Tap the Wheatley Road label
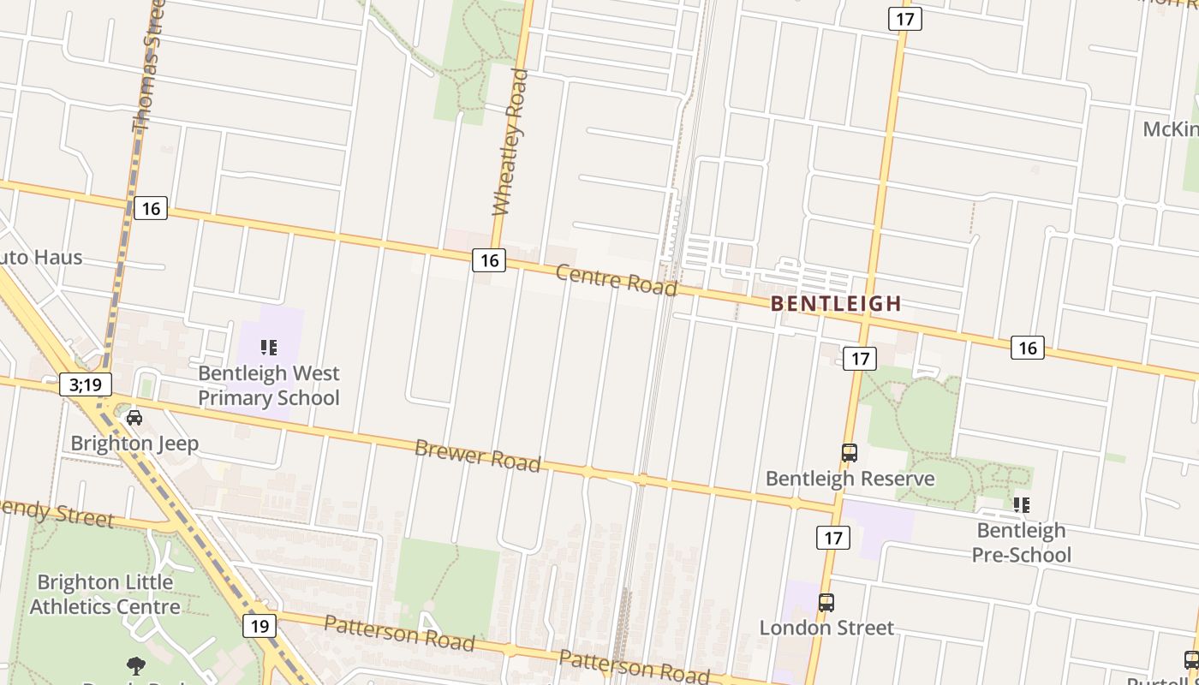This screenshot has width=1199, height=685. pos(510,142)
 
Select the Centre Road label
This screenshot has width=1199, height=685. pos(617,279)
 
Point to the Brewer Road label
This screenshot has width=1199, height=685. pos(478,455)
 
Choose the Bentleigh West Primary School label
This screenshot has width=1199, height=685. pos(269,385)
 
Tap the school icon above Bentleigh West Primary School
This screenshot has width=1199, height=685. pos(269,348)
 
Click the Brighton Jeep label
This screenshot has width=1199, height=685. pos(134,444)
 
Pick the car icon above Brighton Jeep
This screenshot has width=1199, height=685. pos(134,418)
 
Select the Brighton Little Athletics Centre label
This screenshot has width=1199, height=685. pos(104,594)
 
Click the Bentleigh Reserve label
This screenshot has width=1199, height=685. pos(850,479)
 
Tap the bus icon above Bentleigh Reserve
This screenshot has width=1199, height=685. pos(850,453)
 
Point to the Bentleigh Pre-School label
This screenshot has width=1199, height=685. pos(1021,543)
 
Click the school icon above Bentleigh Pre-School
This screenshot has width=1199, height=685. pos(1021,505)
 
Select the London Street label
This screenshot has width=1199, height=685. pos(826,628)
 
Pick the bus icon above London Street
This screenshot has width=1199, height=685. pos(826,602)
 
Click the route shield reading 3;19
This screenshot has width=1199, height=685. pos(86,384)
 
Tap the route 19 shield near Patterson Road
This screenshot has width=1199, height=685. pos(259,626)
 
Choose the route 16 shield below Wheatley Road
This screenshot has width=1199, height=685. pos(489,260)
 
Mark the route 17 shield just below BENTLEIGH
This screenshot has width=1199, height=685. pos(859,358)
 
